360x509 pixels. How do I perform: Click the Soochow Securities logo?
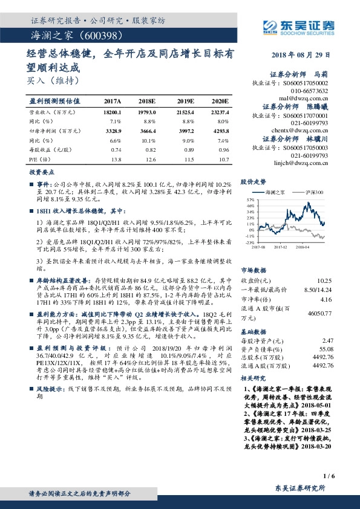point(298,25)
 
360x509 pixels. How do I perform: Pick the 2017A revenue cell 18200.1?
point(113,112)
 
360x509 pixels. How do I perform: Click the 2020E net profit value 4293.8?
point(220,131)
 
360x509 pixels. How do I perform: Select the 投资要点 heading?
point(42,173)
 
